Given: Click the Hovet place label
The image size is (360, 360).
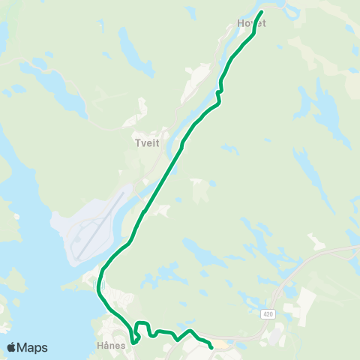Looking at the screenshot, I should point(251,23).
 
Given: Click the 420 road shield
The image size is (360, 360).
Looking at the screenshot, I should point(268,313).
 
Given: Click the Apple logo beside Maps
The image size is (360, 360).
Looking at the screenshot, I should point(11,347).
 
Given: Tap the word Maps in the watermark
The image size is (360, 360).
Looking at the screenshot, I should point(32,347).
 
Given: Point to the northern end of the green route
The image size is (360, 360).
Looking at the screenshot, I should point(262,12).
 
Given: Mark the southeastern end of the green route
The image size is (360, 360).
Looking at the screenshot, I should point(211,347).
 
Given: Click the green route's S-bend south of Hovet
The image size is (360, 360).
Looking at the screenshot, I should point(219,91).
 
